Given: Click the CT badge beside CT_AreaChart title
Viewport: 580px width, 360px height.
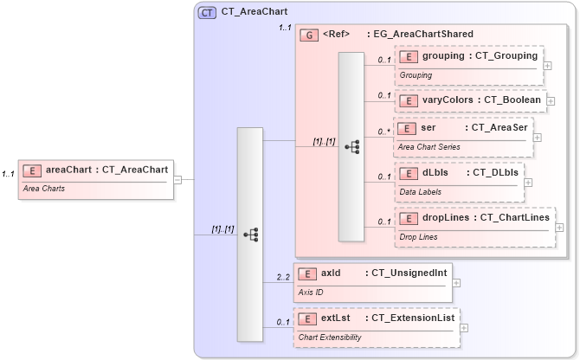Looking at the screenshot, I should [208, 13].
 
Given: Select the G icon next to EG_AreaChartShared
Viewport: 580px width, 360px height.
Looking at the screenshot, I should [309, 35].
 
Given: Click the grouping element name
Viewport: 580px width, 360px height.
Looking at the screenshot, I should [443, 56].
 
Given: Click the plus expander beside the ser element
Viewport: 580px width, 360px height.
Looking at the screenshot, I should [538, 137].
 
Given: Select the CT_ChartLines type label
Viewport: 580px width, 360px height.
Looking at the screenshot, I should [514, 217].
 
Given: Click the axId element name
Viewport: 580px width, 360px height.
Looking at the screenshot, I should [331, 273].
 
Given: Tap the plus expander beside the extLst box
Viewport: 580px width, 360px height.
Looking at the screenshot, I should [464, 328].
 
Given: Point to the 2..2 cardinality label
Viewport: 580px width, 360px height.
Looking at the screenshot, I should [282, 278].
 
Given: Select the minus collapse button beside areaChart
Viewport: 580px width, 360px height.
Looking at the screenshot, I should [177, 180].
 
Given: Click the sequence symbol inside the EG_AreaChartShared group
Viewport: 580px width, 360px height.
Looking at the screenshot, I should [351, 147].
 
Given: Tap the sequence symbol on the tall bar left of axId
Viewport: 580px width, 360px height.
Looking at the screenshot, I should [250, 234].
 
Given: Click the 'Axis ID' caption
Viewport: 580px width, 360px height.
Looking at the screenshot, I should [311, 292].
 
